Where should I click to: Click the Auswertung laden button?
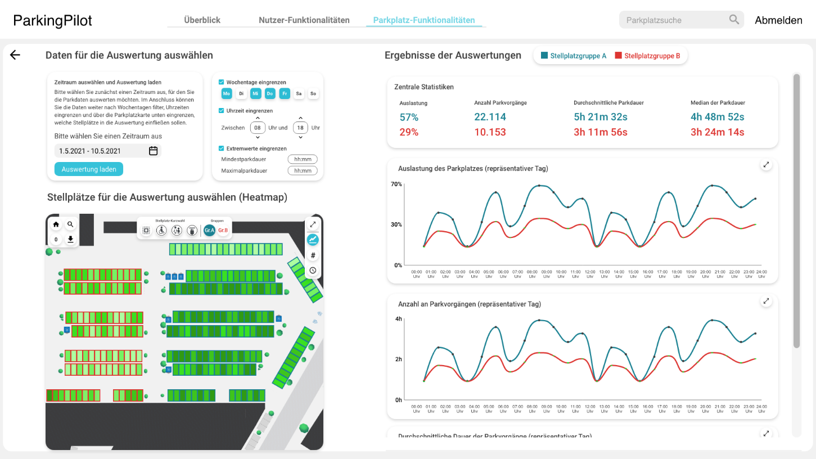tap(89, 169)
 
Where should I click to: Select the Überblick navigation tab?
tap(202, 20)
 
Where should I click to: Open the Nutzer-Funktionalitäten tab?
tap(304, 20)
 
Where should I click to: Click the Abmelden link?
tap(778, 20)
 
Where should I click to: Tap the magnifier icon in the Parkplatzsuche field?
tap(734, 20)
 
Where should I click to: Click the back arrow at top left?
tap(15, 55)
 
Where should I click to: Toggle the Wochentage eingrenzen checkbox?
tap(222, 82)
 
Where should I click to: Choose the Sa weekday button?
tap(299, 93)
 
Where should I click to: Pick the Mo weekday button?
tap(227, 93)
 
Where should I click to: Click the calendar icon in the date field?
tap(153, 151)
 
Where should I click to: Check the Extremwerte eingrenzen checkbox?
tap(222, 148)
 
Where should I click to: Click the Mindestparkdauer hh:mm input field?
tap(303, 159)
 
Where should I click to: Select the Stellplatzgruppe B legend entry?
tap(647, 56)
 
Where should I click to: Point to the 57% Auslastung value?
tap(409, 117)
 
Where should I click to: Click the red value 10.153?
tap(490, 132)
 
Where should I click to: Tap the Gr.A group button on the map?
tap(209, 230)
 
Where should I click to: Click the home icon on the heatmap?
tap(56, 224)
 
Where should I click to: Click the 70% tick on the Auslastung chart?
tap(396, 184)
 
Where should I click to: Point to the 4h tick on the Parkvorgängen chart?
tap(398, 319)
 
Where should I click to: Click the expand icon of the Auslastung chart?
tap(767, 165)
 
